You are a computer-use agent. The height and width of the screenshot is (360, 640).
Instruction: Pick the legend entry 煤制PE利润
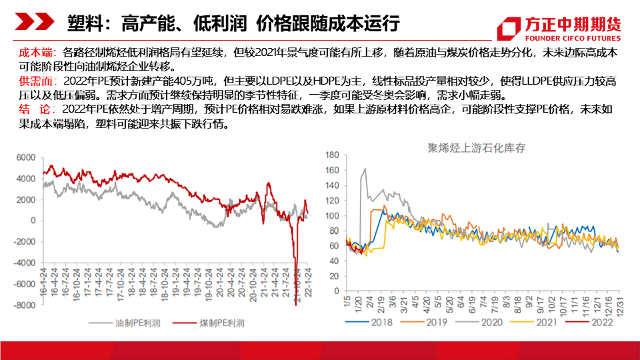(212, 323)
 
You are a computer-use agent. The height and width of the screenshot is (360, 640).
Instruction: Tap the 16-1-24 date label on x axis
(44, 280)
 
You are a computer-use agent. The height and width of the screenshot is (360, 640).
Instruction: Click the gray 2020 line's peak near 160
(364, 169)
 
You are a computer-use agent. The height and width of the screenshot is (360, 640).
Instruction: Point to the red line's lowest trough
(295, 303)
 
